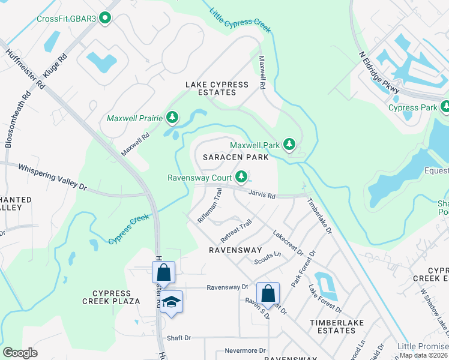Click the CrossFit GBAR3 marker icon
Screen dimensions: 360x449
(106, 18)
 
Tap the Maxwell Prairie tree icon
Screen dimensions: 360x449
(173, 118)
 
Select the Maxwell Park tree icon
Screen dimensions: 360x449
(289, 145)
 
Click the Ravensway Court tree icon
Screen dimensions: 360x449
(241, 176)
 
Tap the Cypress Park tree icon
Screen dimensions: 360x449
(445, 107)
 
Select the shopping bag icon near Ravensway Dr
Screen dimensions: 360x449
(268, 293)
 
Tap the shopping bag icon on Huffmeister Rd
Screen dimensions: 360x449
(163, 272)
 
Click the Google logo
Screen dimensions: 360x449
(20, 353)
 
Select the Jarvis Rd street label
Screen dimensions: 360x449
(262, 195)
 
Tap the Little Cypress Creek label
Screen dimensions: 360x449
(240, 20)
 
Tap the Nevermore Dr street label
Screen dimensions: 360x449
(245, 350)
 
